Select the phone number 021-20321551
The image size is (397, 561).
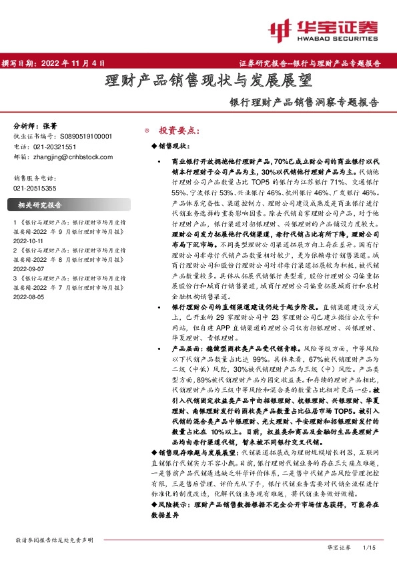(x=55, y=147)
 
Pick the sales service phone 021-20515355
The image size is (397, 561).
(x=35, y=189)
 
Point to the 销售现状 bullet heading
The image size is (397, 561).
(x=175, y=145)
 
